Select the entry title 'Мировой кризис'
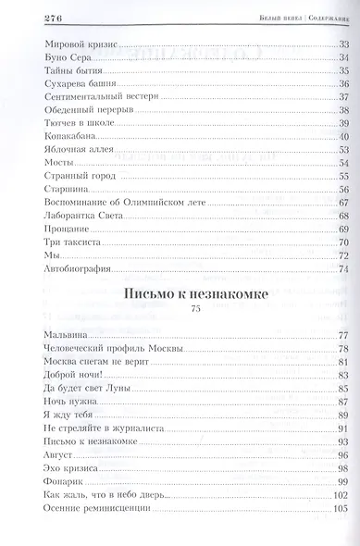79,45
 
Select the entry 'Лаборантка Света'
81,216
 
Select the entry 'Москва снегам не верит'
94,361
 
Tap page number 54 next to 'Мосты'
341,162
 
